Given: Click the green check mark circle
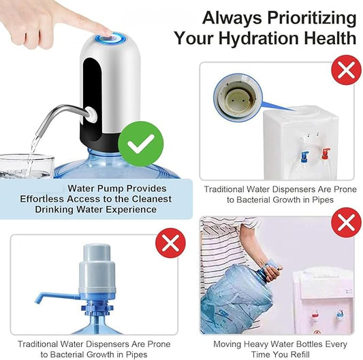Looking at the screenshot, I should pos(141,145).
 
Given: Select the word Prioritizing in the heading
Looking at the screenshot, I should pos(314,16).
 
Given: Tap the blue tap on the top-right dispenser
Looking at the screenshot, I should pos(305,156).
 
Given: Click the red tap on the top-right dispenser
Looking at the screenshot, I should pos(326,154).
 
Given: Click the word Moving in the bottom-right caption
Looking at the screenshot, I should pos(227,344).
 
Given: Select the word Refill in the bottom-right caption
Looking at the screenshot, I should pos(299,355).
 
